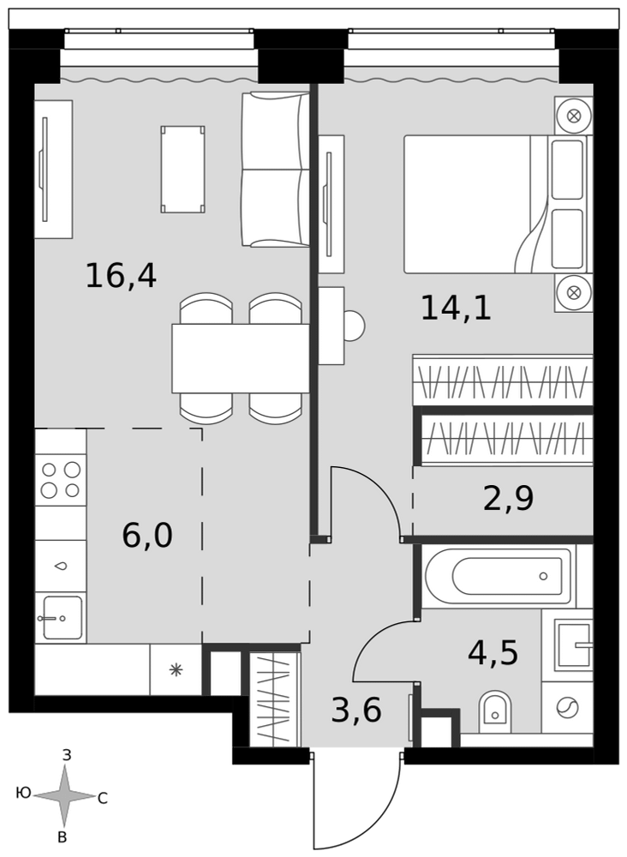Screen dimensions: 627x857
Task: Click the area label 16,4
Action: click(122, 276)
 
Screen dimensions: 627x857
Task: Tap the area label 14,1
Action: click(456, 308)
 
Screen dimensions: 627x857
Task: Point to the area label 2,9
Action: click(509, 499)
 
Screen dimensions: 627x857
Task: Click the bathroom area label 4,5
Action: click(493, 652)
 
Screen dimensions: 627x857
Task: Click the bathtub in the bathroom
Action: click(498, 576)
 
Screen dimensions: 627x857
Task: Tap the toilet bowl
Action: click(495, 711)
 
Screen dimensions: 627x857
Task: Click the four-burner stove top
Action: click(61, 479)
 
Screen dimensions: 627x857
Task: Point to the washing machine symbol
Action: click(567, 708)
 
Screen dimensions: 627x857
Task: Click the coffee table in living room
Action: click(183, 170)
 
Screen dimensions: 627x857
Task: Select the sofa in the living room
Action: click(276, 170)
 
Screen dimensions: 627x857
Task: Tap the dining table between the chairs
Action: click(241, 358)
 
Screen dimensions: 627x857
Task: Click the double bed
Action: click(495, 204)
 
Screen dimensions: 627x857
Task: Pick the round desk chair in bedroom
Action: click(354, 326)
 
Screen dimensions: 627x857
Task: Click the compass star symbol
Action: click(64, 796)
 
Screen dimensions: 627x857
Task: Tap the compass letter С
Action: click(102, 799)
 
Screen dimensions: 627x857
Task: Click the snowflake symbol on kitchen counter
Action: click(176, 669)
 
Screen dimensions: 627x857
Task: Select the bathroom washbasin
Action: click(574, 645)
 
